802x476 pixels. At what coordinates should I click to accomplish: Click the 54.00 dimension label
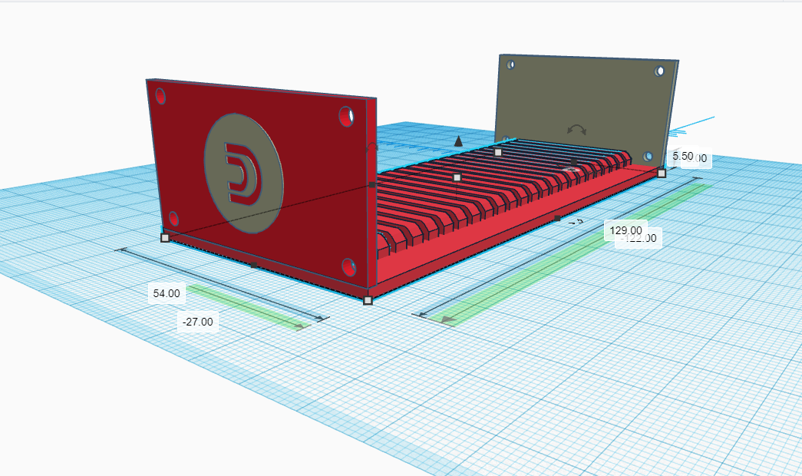167,293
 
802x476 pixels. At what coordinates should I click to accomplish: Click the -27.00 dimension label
198,322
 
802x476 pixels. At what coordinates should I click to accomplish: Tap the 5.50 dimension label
682,156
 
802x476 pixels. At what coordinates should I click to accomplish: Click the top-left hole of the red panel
160,96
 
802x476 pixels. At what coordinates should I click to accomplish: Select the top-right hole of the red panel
346,117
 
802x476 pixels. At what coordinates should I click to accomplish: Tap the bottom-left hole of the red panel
173,218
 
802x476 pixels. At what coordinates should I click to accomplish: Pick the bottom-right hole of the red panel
349,268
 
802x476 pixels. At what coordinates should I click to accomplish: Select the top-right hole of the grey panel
659,71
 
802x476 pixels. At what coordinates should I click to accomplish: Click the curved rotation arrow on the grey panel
576,129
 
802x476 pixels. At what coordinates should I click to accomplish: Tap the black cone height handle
458,140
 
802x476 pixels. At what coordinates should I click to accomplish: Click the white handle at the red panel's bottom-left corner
165,238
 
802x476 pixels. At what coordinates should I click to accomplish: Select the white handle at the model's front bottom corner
368,300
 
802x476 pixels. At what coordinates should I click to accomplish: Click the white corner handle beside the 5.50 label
662,174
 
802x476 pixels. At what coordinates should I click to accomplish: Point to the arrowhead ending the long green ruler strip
447,319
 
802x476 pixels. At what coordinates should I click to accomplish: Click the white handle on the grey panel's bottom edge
498,152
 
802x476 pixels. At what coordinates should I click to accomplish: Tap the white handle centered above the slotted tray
457,177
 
